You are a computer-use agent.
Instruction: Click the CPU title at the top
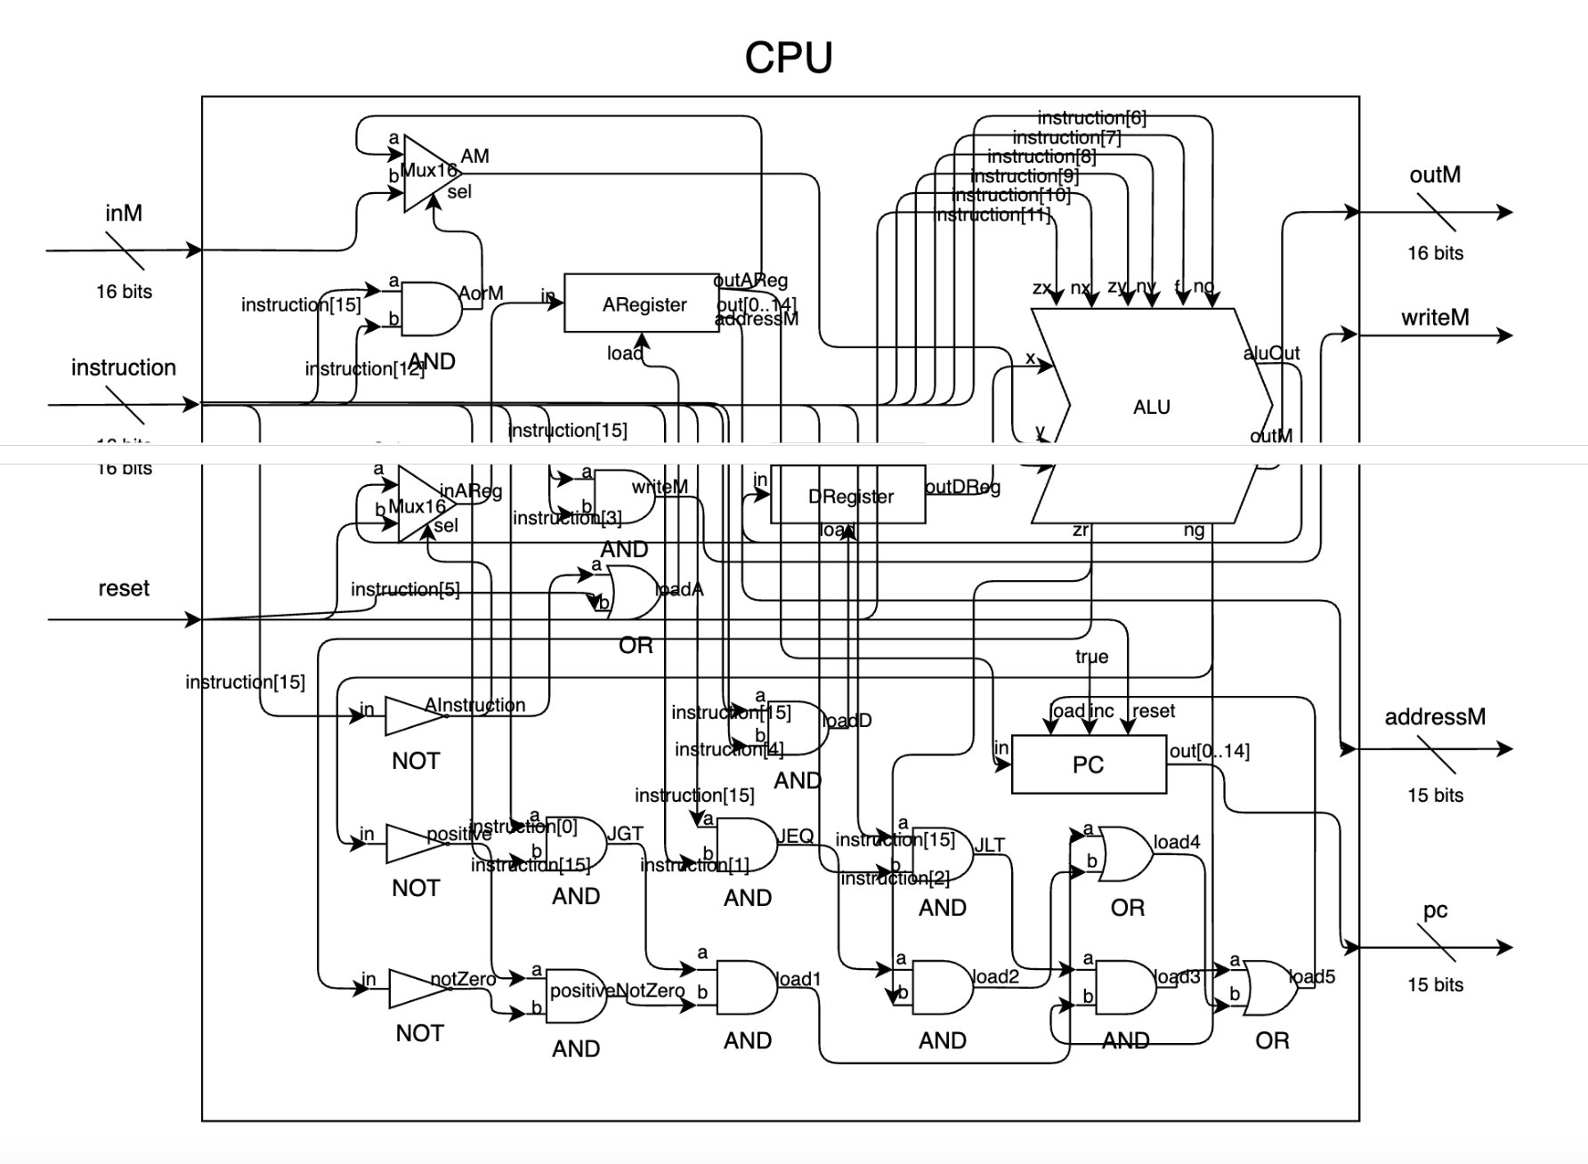pos(789,58)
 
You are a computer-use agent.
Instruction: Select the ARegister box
pos(642,304)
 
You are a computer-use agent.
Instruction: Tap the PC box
pos(1088,764)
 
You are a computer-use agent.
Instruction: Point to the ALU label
pos(1151,407)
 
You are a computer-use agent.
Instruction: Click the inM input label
pos(124,213)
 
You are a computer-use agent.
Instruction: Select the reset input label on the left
pos(124,588)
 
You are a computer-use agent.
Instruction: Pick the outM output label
pos(1435,174)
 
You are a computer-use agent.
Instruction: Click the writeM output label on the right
pos(1435,318)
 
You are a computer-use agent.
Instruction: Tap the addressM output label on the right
pos(1435,716)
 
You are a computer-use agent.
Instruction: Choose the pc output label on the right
pos(1435,909)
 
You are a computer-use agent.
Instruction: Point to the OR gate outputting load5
pos(1269,988)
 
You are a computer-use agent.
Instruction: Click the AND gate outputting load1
pos(746,987)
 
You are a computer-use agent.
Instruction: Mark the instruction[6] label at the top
pos(1091,117)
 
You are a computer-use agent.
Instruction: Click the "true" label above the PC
pos(1091,657)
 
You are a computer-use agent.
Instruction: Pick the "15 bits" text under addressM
pos(1435,795)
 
